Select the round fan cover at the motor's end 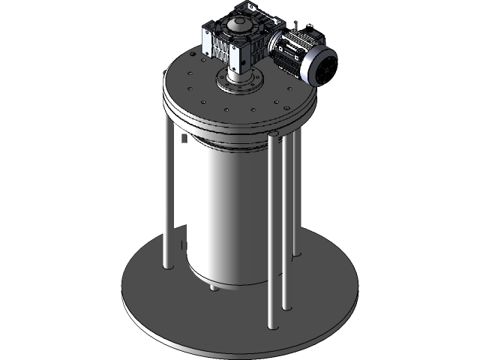325,69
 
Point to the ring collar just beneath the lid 225,142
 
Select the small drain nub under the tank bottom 214,287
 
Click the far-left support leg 166,187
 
